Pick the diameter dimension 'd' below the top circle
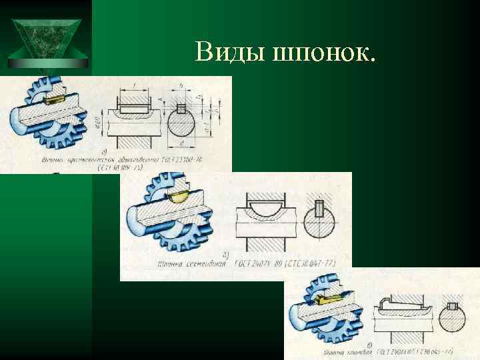[181, 144]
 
